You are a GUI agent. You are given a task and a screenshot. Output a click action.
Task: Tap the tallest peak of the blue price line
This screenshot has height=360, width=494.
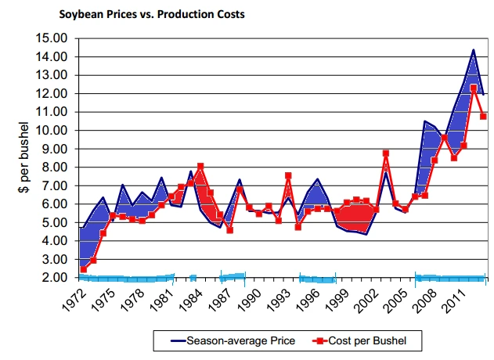pos(474,50)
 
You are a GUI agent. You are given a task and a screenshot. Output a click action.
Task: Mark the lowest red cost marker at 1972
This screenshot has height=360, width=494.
pos(83,269)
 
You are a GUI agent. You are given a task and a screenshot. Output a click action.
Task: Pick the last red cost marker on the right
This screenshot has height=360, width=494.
pos(483,116)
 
